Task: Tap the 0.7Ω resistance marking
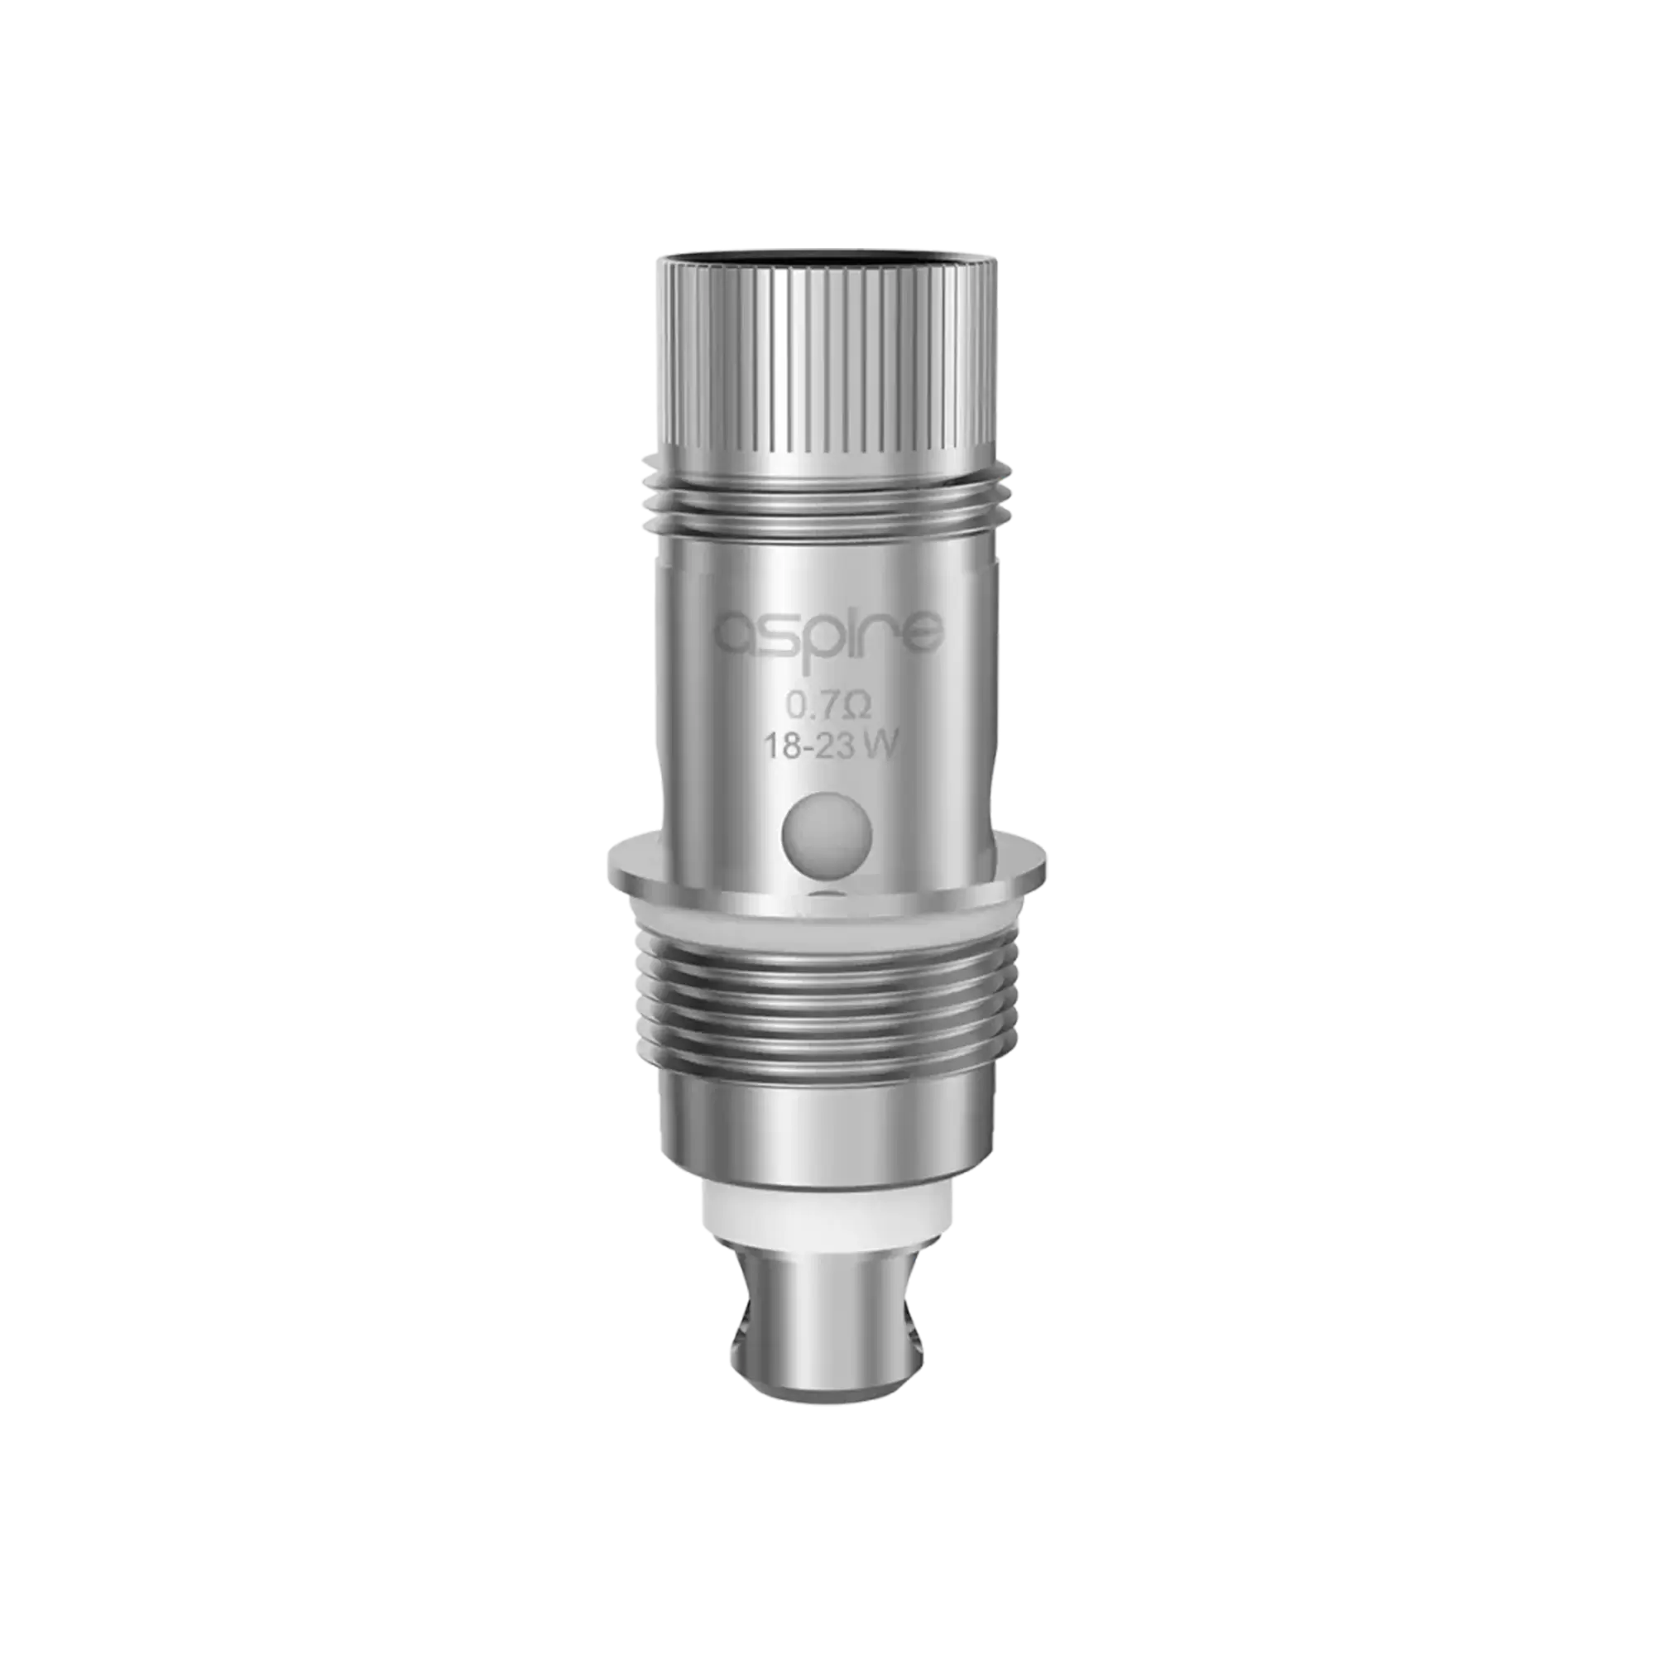[829, 708]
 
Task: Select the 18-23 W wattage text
[829, 747]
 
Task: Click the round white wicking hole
[827, 833]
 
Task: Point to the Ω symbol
[861, 708]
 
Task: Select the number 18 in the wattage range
[783, 747]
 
